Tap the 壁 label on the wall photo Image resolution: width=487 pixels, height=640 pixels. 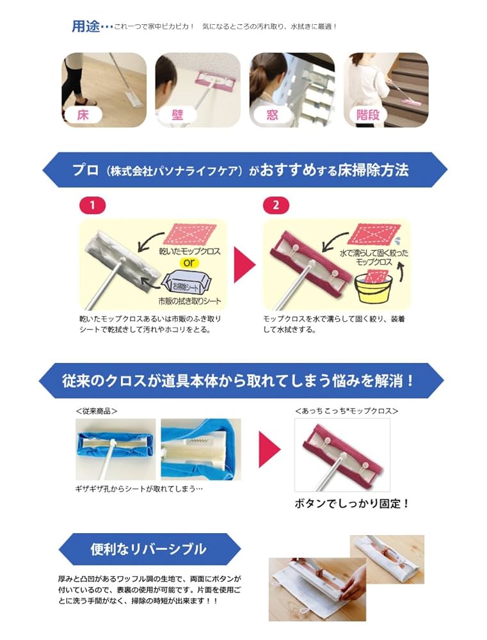click(177, 115)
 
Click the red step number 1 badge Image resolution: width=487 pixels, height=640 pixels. click(92, 205)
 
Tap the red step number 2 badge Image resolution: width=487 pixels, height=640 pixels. click(276, 205)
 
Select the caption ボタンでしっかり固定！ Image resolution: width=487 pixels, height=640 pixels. click(351, 503)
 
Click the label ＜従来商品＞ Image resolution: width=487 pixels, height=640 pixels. click(97, 410)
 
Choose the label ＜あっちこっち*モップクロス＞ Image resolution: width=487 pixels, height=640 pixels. click(346, 410)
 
